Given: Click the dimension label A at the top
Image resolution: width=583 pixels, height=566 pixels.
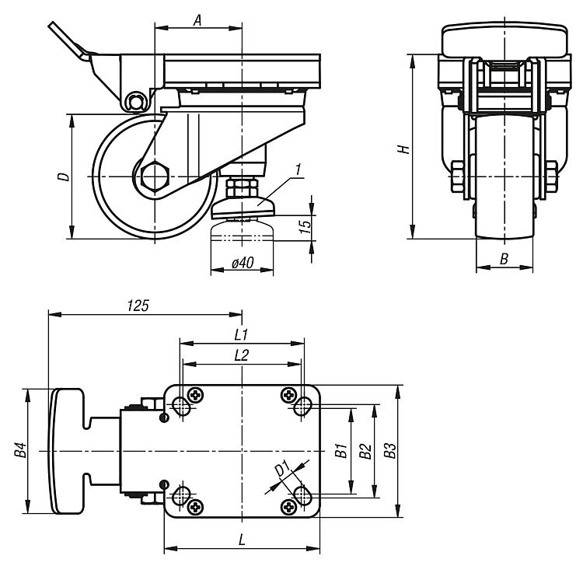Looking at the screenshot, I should point(197,21).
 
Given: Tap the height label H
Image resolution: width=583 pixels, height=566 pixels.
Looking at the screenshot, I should point(402,148).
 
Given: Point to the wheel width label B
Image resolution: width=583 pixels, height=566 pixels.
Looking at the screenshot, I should point(504,260).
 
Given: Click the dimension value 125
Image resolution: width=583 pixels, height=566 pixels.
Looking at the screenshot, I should point(137,306).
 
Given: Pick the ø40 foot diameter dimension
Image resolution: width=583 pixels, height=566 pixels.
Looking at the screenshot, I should point(242,264).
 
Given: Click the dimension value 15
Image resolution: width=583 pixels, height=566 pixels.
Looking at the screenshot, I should point(305,225).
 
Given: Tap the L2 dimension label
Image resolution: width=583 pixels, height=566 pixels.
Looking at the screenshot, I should point(240,355).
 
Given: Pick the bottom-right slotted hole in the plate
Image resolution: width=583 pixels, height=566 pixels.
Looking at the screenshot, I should point(302,494).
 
